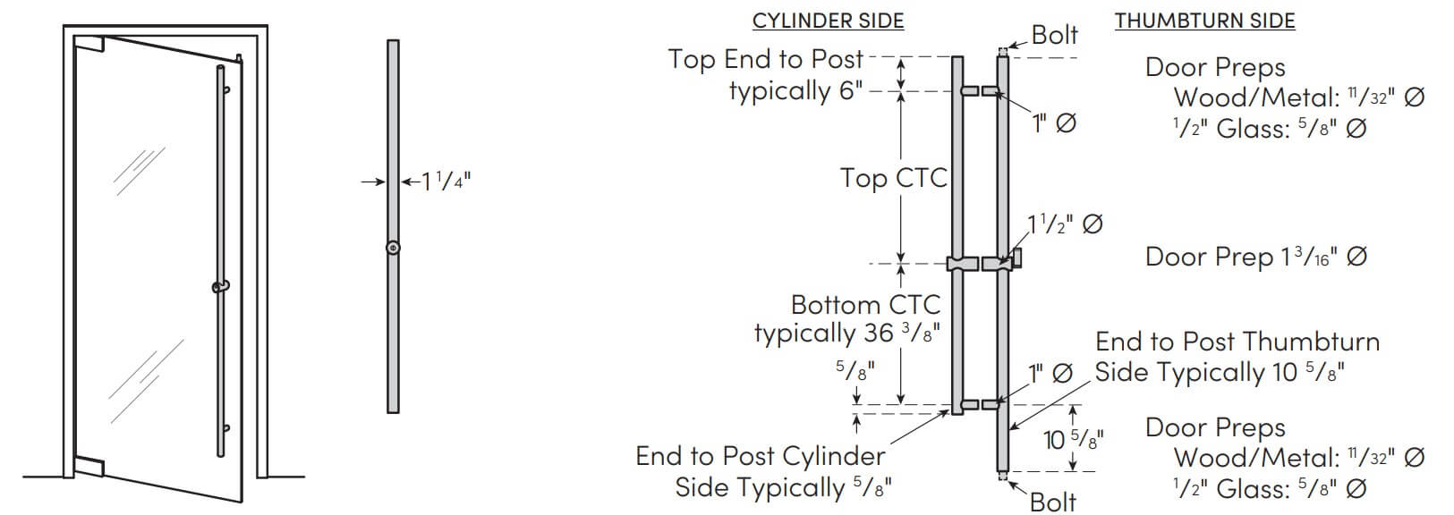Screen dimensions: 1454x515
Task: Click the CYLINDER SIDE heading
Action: [828, 21]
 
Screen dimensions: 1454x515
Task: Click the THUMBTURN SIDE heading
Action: [1204, 21]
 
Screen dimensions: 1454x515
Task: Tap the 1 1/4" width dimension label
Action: [446, 181]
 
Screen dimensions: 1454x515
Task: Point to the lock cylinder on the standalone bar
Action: [393, 248]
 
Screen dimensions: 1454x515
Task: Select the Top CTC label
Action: [894, 178]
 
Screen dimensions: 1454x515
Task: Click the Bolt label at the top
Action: [1054, 34]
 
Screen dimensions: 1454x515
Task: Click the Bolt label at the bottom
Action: [1053, 502]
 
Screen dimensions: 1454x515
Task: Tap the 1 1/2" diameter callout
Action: [1065, 224]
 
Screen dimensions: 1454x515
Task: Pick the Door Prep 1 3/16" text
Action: [1256, 257]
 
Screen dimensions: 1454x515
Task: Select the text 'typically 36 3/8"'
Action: [847, 333]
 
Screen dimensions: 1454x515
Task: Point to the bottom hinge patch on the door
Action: [89, 467]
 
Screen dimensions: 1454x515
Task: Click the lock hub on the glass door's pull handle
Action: [220, 285]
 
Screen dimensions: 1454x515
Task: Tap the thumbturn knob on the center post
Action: [1018, 257]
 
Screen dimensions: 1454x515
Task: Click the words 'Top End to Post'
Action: [765, 60]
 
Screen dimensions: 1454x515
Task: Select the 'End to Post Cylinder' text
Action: [760, 456]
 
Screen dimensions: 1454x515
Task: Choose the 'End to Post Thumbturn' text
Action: [1237, 342]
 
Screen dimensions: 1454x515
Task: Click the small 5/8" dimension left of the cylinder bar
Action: [855, 369]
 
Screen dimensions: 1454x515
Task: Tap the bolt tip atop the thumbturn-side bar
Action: [1003, 50]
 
